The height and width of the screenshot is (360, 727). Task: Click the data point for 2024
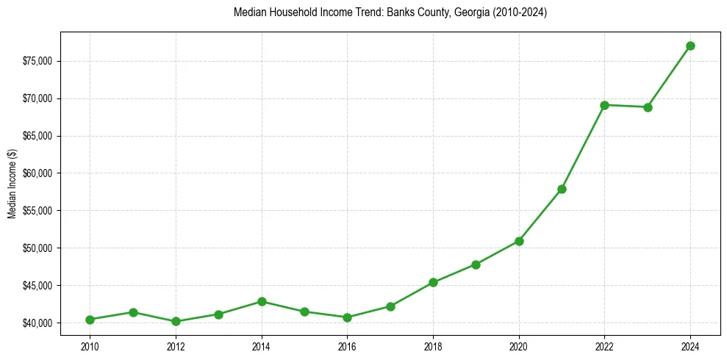[x=690, y=46]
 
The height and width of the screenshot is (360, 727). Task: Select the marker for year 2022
[x=604, y=105]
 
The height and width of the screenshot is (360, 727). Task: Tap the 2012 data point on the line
[x=176, y=321]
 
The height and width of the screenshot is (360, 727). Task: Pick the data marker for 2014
[x=262, y=301]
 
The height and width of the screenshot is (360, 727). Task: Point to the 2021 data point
[x=562, y=189]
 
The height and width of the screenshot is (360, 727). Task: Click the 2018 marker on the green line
[x=433, y=282]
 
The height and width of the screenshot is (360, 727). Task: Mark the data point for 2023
[x=648, y=107]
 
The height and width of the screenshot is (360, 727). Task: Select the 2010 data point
[x=90, y=320]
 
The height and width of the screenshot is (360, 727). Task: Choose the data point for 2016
[x=347, y=317]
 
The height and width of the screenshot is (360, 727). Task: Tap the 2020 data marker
[x=519, y=241]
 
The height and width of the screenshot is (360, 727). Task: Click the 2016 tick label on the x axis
[x=347, y=345]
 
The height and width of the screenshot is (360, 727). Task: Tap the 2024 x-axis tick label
[x=690, y=345]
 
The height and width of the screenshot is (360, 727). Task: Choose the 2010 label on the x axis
[x=90, y=345]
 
